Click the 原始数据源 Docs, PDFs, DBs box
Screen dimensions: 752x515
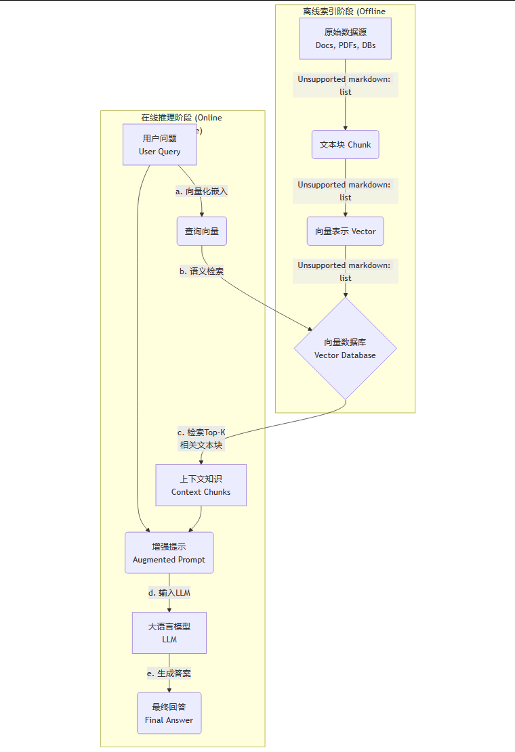(346, 39)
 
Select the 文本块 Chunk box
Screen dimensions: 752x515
(346, 145)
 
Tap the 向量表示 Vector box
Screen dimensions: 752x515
(346, 231)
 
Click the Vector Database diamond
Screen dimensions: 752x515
(345, 349)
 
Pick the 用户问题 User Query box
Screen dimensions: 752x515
(160, 145)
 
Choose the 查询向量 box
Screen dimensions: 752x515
(202, 231)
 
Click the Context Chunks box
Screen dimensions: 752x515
(201, 485)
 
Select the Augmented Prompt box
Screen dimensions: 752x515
(169, 553)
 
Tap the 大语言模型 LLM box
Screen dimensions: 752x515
(169, 633)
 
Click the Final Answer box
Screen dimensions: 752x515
(169, 713)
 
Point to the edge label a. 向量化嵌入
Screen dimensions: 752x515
(201, 192)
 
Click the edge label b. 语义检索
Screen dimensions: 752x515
(202, 271)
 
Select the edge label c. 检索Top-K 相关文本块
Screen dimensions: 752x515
(201, 439)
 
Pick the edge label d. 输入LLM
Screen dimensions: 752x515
(169, 593)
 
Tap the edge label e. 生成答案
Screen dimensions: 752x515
(169, 673)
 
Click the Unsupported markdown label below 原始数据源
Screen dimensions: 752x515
(346, 85)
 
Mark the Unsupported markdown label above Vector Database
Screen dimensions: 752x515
(346, 271)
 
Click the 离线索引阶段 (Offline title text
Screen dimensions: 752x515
(345, 12)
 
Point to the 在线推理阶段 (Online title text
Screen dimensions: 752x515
(182, 118)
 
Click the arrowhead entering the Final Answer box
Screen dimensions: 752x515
(169, 689)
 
